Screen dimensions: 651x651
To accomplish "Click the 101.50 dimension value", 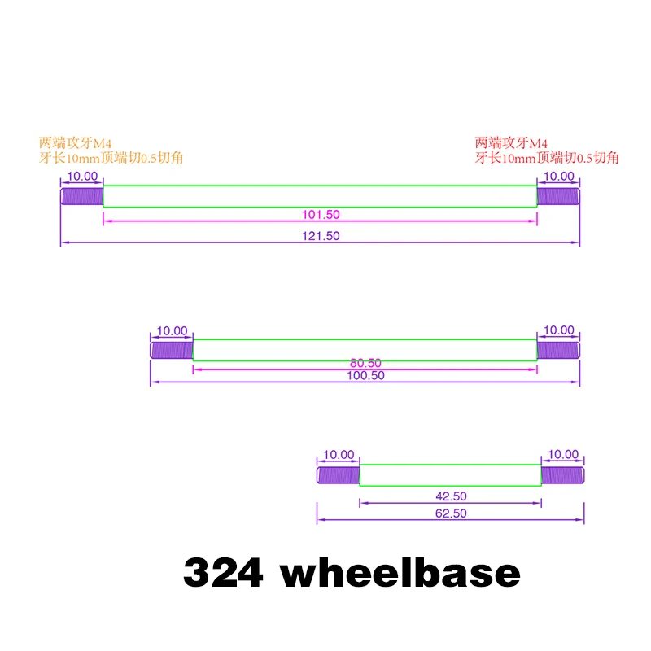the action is pyautogui.click(x=320, y=215).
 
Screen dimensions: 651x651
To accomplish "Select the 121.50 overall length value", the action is pyautogui.click(x=320, y=236).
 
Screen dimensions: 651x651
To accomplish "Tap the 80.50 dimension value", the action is pyautogui.click(x=365, y=363).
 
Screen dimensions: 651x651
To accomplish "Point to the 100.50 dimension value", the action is pyautogui.click(x=365, y=376).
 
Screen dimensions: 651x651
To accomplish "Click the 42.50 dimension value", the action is pyautogui.click(x=450, y=496).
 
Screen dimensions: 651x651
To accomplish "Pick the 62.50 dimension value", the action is pyautogui.click(x=450, y=513).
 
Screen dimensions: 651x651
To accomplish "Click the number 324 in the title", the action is pyautogui.click(x=223, y=573).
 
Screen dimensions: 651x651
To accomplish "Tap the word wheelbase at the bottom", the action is pyautogui.click(x=400, y=573).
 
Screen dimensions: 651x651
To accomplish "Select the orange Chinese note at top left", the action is pyautogui.click(x=111, y=150).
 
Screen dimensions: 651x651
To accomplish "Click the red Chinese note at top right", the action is pyautogui.click(x=547, y=150).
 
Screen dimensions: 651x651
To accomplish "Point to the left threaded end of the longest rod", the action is pyautogui.click(x=82, y=196).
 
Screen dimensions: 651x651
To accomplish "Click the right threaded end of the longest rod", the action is pyautogui.click(x=557, y=196).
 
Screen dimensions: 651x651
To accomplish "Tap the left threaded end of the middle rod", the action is pyautogui.click(x=172, y=351).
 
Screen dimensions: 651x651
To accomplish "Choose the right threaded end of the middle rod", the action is pyautogui.click(x=557, y=351).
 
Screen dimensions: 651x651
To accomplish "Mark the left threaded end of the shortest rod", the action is pyautogui.click(x=338, y=474).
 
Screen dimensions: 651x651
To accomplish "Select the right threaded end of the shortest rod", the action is pyautogui.click(x=562, y=474).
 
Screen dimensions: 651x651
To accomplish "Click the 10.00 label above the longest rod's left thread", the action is pyautogui.click(x=81, y=177).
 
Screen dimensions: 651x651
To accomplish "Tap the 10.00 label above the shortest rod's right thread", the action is pyautogui.click(x=562, y=455).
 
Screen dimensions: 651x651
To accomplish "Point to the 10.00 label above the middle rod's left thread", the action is pyautogui.click(x=172, y=331).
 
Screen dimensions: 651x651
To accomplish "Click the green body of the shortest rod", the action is pyautogui.click(x=450, y=474).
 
